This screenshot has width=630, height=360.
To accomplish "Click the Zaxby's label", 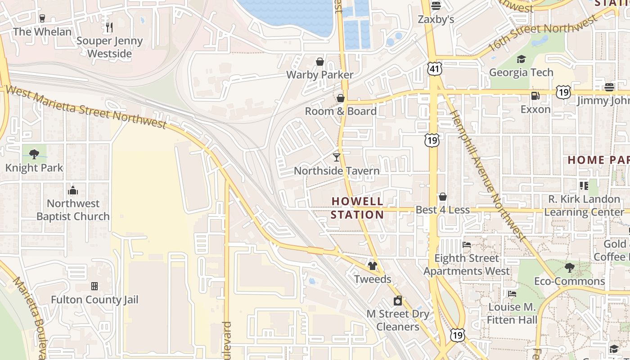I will pyautogui.click(x=436, y=20).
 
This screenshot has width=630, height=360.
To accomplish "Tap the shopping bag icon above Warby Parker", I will pyautogui.click(x=320, y=61).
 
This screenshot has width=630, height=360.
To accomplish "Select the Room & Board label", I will pyautogui.click(x=341, y=111).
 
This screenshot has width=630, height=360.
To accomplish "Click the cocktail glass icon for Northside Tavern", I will pyautogui.click(x=336, y=157).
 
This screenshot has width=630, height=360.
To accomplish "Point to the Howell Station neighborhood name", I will pyautogui.click(x=357, y=208).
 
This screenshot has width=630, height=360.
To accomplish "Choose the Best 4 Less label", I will pyautogui.click(x=442, y=210).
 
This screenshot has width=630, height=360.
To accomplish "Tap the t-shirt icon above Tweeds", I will pyautogui.click(x=372, y=265).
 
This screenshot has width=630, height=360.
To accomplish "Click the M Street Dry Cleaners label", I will pyautogui.click(x=398, y=320).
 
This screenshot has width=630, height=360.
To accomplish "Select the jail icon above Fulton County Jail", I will pyautogui.click(x=94, y=286).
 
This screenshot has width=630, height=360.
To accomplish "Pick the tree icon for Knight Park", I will pyautogui.click(x=34, y=154).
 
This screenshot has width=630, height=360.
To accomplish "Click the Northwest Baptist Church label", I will pyautogui.click(x=73, y=210).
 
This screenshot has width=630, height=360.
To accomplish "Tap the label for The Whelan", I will pyautogui.click(x=42, y=32).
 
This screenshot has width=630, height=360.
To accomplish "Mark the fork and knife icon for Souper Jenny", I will pyautogui.click(x=109, y=27).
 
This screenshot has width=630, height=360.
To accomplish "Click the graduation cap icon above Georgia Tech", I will pyautogui.click(x=521, y=59).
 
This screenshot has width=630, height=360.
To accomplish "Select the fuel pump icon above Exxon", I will pyautogui.click(x=535, y=95).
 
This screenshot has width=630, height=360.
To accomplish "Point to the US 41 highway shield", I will pyautogui.click(x=435, y=69).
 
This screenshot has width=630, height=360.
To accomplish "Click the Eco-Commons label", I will pyautogui.click(x=569, y=281).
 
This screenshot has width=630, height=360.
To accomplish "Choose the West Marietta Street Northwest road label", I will pyautogui.click(x=85, y=108).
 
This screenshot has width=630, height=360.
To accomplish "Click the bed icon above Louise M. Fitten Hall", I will pyautogui.click(x=512, y=294).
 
